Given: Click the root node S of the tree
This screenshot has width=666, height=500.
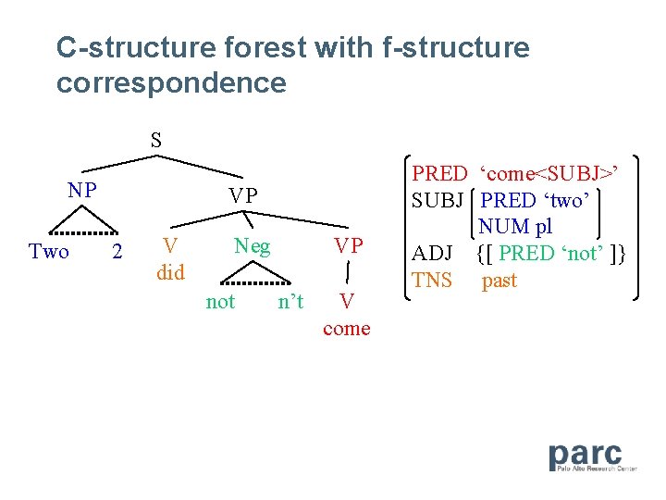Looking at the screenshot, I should tap(156, 141).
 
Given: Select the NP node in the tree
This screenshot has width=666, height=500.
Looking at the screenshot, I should tap(82, 191).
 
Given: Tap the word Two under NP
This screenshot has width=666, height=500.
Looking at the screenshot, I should tap(49, 252).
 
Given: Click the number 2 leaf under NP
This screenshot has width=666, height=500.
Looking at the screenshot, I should tap(117, 252).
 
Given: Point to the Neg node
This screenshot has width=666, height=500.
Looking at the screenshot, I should tap(252, 246).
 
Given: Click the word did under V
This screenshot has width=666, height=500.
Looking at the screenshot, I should tap(170, 273).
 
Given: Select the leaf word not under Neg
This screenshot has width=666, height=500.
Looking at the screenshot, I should tap(220, 302).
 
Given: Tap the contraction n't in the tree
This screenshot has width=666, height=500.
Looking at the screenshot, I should tap(290, 302).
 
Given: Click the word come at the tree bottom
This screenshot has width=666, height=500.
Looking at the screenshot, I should tap(347, 329).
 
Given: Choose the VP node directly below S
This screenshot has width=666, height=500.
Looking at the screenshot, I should tap(243, 195).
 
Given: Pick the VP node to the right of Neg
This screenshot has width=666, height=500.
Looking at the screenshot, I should tap(348, 246).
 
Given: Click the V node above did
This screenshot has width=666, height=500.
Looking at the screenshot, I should tap(170, 246).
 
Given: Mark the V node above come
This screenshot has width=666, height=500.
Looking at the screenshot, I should tap(347, 302).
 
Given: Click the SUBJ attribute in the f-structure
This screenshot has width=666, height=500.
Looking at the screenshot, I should tap(439, 200).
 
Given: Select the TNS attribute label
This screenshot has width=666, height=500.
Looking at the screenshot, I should tap(432, 281).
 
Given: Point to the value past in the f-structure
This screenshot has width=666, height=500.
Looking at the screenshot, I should tap(499, 281).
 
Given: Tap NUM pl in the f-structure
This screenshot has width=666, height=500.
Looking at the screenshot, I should tap(515, 227).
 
